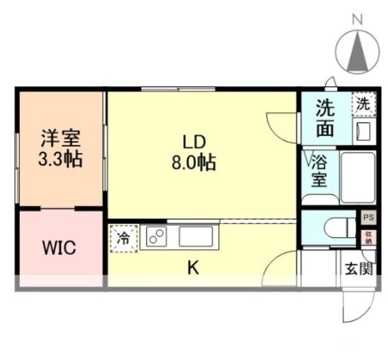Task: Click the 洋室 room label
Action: click(x=60, y=137)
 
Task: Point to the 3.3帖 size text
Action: click(x=60, y=159)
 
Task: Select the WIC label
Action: click(x=59, y=249)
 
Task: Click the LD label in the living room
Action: click(x=193, y=141)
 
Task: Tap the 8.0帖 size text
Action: click(x=193, y=163)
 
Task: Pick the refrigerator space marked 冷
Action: click(x=124, y=238)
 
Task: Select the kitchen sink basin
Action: click(x=196, y=237)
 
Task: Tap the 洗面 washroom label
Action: click(x=324, y=118)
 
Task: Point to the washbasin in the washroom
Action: click(x=363, y=131)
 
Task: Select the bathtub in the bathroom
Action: click(x=358, y=177)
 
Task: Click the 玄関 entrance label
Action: click(x=358, y=269)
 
